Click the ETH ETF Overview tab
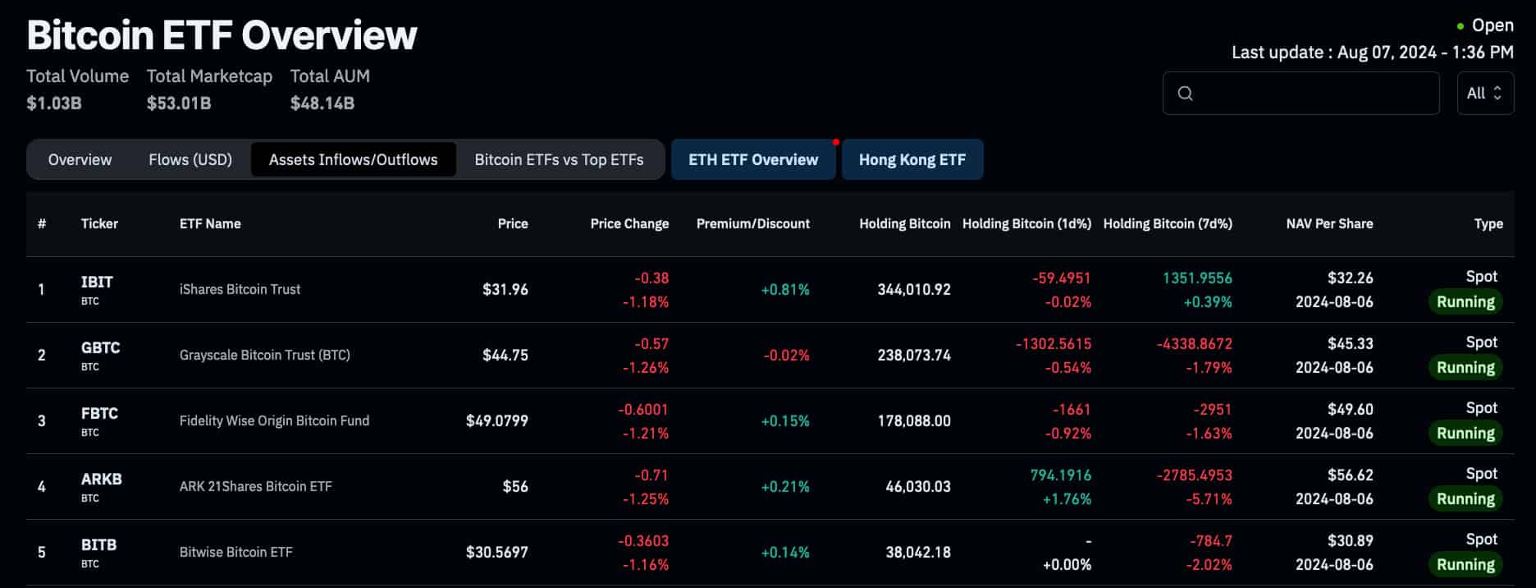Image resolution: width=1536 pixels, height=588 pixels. pos(752,159)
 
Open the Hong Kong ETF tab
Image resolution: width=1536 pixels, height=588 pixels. pos(912,159)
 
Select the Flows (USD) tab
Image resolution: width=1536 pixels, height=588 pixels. pos(190,159)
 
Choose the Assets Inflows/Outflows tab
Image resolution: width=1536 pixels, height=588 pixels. pos(353,159)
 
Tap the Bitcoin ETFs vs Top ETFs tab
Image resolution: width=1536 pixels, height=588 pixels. pos(559,159)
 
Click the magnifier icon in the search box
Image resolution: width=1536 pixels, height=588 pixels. pos(1185,93)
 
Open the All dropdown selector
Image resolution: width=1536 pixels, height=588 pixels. pos(1484,93)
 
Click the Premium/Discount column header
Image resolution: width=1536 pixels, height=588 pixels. pos(752,223)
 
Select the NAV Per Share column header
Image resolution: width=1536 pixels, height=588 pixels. pos(1328,223)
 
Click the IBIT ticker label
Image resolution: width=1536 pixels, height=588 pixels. pos(97,282)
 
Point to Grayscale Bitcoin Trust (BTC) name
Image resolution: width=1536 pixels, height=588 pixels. pos(264,355)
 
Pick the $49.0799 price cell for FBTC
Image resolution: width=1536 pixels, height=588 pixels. pos(496,420)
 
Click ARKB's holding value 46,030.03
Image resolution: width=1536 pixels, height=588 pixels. pos(917,486)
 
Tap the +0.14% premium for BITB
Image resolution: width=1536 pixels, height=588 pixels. pos(784,552)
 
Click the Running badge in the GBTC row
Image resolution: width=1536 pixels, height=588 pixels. pos(1465,367)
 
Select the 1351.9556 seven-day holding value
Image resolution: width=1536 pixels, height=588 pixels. pos(1196,278)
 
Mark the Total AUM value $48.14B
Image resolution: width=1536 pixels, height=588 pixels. pos(322,103)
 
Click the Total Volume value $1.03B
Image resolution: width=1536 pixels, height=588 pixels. pos(53,103)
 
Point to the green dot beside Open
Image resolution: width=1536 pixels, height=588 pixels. pos(1460,26)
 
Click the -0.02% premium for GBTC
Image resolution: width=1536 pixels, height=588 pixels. pos(786,355)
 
